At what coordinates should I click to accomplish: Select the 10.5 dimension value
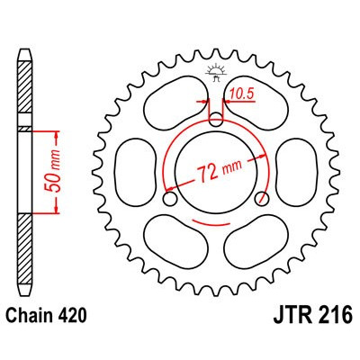coord(239,91)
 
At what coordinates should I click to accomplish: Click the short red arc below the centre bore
coord(216,245)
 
